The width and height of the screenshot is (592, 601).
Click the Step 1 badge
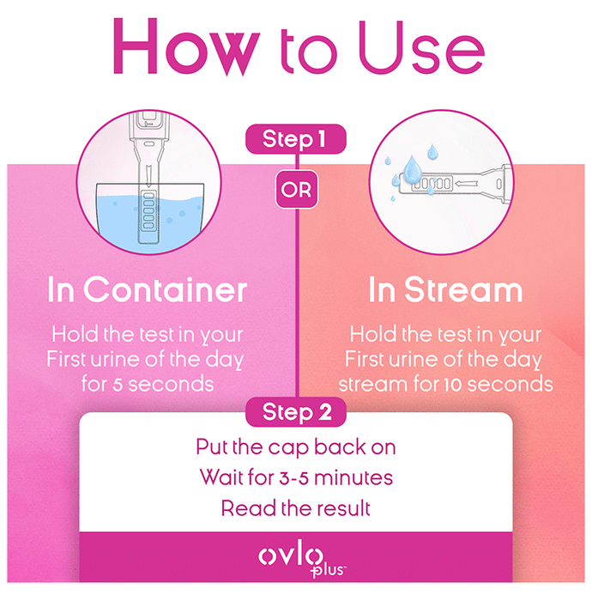(x=296, y=139)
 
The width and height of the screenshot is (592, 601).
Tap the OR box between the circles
(x=296, y=190)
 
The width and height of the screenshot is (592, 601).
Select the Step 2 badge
(x=296, y=412)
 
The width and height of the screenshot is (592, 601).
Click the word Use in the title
(x=422, y=47)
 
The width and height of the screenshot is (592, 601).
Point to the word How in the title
(x=187, y=46)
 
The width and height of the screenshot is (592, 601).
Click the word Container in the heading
(x=166, y=290)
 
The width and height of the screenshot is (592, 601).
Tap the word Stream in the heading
(x=463, y=290)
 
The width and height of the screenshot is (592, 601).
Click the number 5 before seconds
(x=118, y=385)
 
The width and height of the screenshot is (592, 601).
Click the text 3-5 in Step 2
(x=293, y=478)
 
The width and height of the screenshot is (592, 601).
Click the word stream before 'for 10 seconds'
(x=372, y=385)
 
